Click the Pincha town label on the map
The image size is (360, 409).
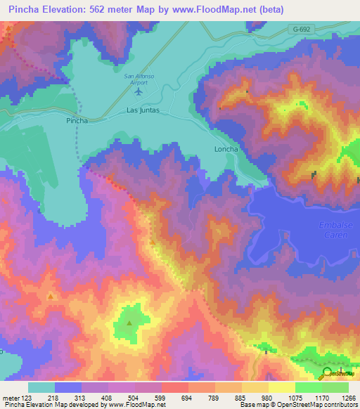point(77,121)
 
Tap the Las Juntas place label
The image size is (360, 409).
point(143,110)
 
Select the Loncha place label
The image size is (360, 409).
point(226,149)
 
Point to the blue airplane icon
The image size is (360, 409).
point(138,91)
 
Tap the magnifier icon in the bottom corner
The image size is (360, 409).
point(328,373)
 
